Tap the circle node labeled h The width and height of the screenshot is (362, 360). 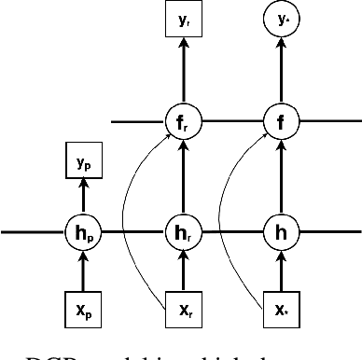click(x=279, y=229)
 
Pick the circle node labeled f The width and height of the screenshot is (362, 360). click(x=279, y=121)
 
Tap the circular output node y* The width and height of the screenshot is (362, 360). click(x=279, y=19)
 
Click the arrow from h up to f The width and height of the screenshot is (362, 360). click(x=279, y=175)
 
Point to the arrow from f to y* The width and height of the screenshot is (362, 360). click(x=279, y=70)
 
